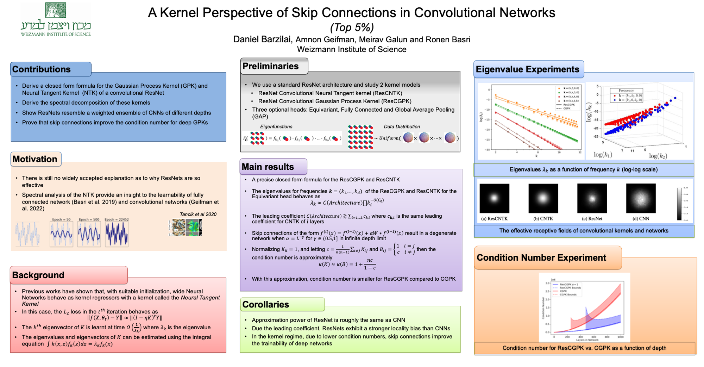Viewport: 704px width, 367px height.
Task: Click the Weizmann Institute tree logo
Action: (x=55, y=10)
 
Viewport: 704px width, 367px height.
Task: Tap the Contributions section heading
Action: (x=42, y=69)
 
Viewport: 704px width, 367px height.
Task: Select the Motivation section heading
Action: (x=35, y=159)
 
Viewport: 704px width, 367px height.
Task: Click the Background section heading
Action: (x=38, y=275)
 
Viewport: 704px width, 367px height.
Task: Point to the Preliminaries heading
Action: (x=270, y=66)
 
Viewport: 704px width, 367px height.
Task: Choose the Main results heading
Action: (x=268, y=167)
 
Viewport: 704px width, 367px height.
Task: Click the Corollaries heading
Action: (x=266, y=304)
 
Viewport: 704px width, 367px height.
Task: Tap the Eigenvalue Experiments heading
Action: (x=527, y=69)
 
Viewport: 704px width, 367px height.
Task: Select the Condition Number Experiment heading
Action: (x=541, y=257)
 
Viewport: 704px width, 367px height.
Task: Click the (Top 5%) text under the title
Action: (x=352, y=27)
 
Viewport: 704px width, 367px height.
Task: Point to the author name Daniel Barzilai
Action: (x=263, y=39)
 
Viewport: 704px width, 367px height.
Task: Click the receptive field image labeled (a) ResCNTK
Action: (x=494, y=198)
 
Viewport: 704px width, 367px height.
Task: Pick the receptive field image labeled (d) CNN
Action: (x=641, y=198)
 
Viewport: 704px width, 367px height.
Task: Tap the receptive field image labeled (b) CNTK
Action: (x=543, y=198)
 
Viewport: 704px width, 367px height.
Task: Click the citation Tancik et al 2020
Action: (x=198, y=214)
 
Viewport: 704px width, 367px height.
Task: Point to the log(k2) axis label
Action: (x=658, y=156)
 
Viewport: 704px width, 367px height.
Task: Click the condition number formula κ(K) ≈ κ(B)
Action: (x=347, y=264)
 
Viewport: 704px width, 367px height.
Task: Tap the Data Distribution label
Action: (x=402, y=126)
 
